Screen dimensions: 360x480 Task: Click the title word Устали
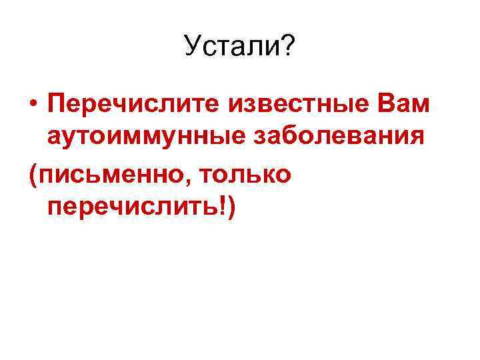click(233, 47)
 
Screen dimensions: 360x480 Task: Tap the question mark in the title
click(288, 47)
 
